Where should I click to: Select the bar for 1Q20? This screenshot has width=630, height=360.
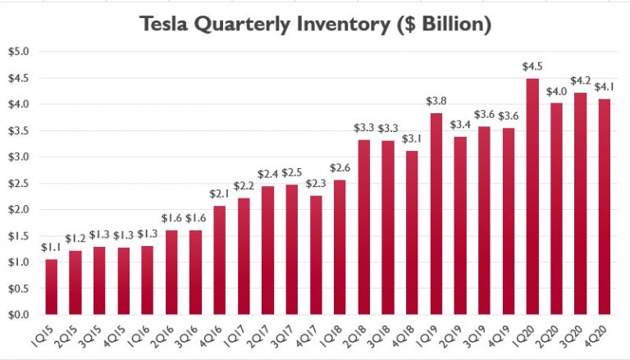pos(532,197)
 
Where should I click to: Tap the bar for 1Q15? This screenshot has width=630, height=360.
pos(51,287)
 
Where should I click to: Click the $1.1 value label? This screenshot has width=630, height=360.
pos(51,246)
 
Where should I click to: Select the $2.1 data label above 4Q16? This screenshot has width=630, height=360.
pos(220,194)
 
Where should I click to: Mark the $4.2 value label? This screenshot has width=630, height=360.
pos(580,81)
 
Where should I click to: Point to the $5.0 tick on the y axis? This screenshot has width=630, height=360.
pos(17,52)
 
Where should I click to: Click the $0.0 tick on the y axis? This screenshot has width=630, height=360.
pos(17,315)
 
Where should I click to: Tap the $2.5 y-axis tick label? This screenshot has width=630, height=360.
pos(17,183)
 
